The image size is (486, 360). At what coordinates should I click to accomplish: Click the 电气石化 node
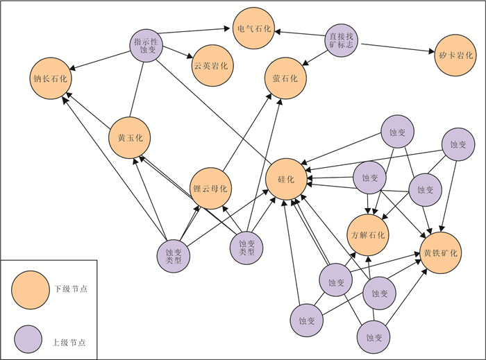coord(254,28)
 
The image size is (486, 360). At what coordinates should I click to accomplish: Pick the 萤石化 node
coord(285,78)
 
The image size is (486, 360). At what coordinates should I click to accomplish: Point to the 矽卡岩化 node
coord(455,55)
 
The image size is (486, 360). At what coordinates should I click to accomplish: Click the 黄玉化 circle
coord(130,137)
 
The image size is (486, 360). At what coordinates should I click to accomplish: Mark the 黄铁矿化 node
coord(440,252)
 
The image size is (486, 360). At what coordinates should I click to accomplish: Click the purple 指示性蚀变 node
coord(147,46)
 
